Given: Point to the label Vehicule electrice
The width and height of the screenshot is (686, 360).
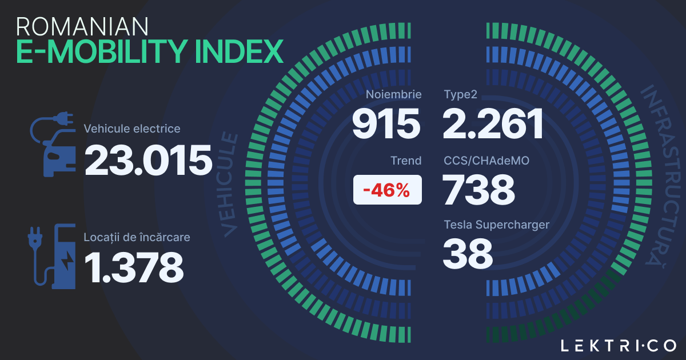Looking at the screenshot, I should pyautogui.click(x=132, y=129).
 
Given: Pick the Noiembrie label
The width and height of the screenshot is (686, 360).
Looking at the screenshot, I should pyautogui.click(x=394, y=94).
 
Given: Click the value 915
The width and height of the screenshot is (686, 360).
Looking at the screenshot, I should pyautogui.click(x=386, y=124).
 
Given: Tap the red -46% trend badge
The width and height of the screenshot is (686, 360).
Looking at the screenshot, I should pyautogui.click(x=388, y=190).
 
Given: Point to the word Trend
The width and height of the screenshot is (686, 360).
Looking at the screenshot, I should pyautogui.click(x=406, y=161).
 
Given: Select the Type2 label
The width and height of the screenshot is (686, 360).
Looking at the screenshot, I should pyautogui.click(x=460, y=94).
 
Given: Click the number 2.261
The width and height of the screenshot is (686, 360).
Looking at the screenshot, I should pyautogui.click(x=493, y=124).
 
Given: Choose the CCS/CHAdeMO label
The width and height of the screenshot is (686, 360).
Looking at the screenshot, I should pyautogui.click(x=486, y=161).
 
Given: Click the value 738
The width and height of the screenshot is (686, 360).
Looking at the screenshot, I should pyautogui.click(x=479, y=190).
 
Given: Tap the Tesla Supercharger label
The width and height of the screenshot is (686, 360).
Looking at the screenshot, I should pyautogui.click(x=496, y=225).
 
